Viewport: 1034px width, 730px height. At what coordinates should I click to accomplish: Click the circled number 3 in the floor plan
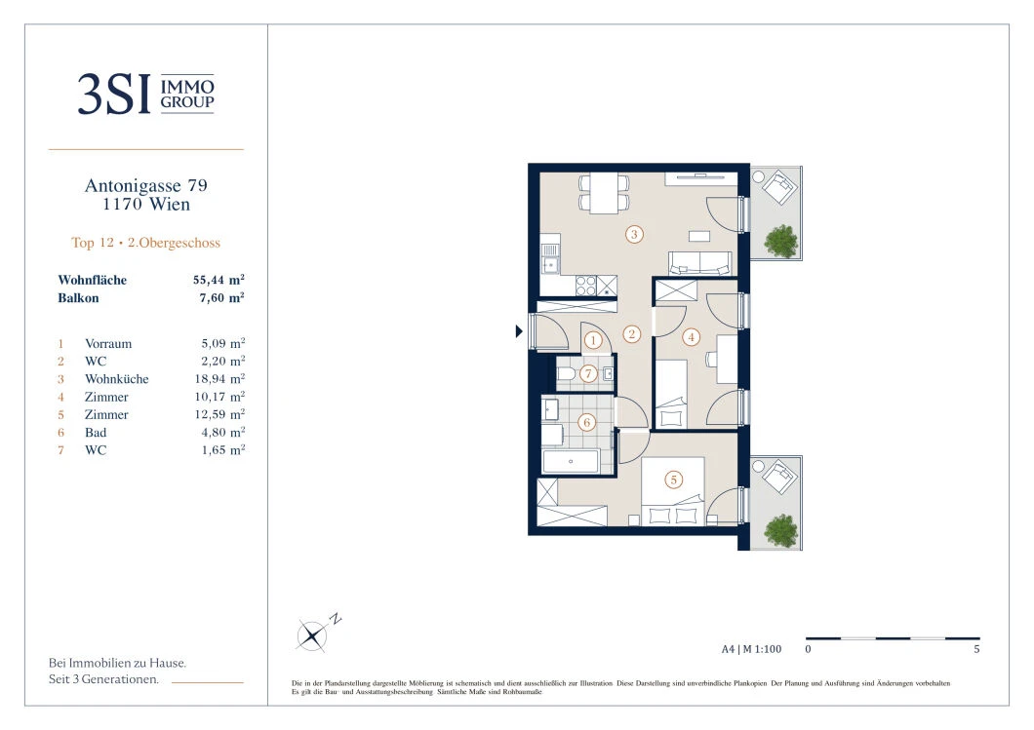pos(634,234)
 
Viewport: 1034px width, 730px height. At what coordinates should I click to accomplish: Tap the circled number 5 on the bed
pos(673,480)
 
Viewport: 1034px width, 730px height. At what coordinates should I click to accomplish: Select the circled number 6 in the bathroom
pos(586,422)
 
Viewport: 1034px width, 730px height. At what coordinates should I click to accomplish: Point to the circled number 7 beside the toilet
pos(588,373)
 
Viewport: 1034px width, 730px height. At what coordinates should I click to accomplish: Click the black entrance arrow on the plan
pos(519,330)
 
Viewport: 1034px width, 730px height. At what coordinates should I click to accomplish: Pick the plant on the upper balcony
pos(781,240)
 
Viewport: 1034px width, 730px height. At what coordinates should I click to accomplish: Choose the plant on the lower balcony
pos(781,529)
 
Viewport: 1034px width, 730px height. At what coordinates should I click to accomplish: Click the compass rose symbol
pos(311,635)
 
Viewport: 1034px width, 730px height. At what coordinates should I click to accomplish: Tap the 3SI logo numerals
pos(114,95)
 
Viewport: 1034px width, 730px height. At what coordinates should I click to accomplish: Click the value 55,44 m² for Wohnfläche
pos(219,280)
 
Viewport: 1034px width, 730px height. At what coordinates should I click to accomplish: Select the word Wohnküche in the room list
pos(117,379)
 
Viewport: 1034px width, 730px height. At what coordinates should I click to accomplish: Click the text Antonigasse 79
pos(145,185)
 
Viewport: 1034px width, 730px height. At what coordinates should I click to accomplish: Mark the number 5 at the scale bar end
pos(976,649)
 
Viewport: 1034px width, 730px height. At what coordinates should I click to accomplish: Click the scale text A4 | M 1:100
pos(751,649)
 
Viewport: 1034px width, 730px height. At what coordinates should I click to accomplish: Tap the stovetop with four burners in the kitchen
pos(585,286)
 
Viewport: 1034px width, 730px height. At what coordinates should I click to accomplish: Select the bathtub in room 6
pos(571,461)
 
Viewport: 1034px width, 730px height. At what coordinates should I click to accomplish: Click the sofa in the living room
pos(699,262)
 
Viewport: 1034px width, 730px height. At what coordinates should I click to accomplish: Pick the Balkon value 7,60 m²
pos(222,297)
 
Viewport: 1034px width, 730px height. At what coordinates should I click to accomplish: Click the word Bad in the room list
pos(96,432)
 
